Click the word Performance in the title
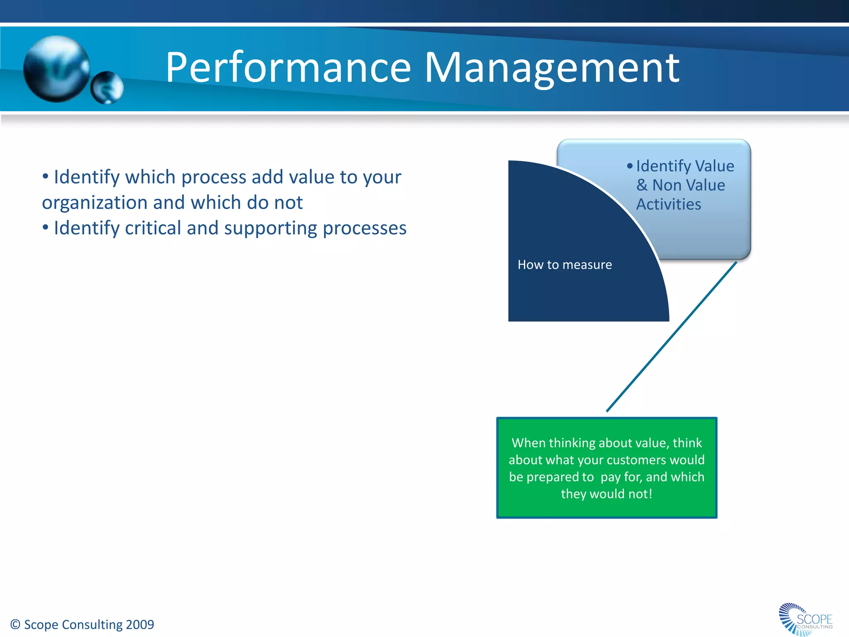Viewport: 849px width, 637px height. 288,68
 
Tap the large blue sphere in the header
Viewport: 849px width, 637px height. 56,68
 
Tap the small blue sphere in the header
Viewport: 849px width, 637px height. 107,88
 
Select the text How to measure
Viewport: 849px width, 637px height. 565,265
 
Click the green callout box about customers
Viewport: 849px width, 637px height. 606,467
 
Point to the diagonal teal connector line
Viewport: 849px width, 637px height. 672,336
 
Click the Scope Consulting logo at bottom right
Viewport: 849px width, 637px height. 805,619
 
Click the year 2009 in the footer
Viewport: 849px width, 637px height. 140,625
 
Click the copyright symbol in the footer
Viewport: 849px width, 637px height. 15,625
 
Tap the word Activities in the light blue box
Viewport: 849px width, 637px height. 668,204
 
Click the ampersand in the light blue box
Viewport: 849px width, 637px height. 642,185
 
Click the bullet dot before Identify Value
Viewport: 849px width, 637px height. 630,166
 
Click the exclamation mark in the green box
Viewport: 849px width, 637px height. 650,494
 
